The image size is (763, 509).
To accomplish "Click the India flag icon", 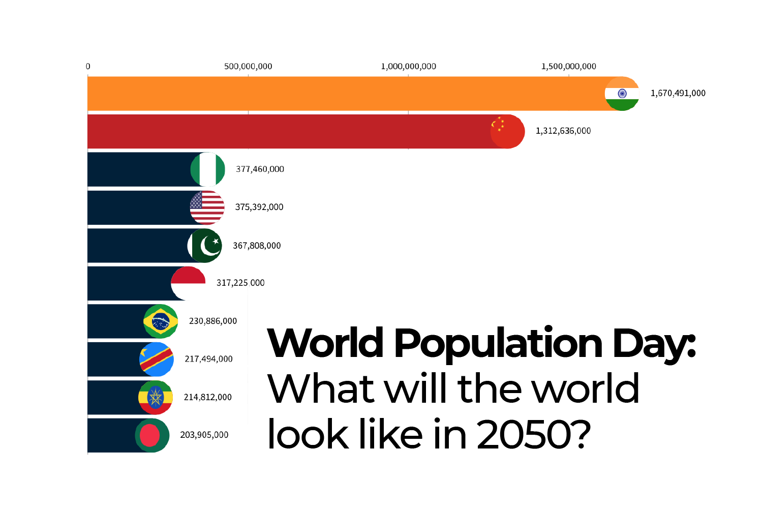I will coord(622,94).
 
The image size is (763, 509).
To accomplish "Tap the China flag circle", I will coord(507,131).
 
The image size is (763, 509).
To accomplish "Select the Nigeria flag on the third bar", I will coord(207,169).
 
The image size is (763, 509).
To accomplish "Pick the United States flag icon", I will coord(207,207).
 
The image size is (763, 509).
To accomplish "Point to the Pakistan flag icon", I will coord(205,246).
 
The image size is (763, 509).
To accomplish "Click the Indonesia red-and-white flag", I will coord(188,283).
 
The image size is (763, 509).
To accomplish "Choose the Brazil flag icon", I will coord(161,321).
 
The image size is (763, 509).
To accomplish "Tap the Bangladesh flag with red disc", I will coord(152,435).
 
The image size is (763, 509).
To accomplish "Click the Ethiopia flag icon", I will coord(156,397).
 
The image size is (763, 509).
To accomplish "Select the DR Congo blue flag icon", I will coord(157,359).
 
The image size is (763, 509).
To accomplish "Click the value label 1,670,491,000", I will coord(678,93).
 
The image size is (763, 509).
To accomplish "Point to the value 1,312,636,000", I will coord(563,131).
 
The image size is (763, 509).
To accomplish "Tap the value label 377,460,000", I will coord(260,169).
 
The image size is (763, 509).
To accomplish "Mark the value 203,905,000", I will coord(204,435).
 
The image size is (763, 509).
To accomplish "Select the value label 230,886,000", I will coord(213,321).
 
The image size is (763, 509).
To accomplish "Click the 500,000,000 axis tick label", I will coord(248,66).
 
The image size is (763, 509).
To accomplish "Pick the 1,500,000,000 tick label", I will coord(568,66).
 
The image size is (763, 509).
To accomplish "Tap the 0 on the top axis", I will coord(88,66).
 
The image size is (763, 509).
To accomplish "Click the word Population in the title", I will coord(498,344).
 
